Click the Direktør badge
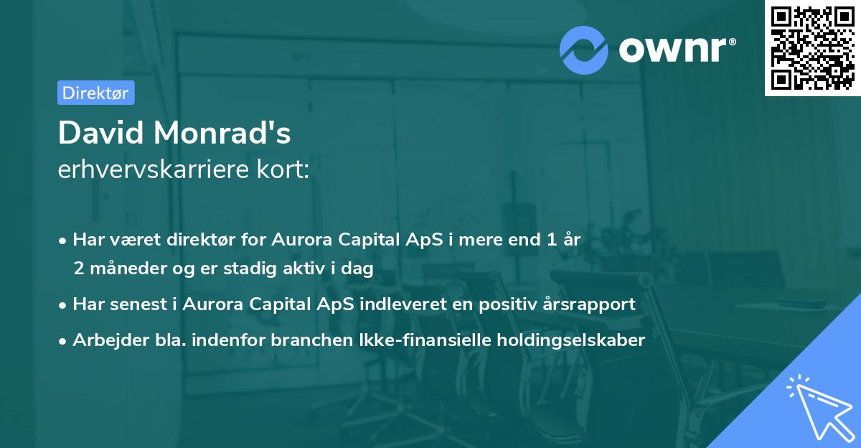[95, 93]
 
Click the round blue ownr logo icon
[584, 50]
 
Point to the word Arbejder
[105, 340]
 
